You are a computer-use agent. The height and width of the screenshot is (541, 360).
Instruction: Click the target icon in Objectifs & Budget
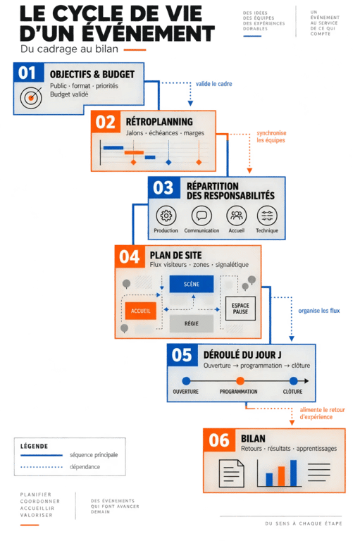tap(31, 98)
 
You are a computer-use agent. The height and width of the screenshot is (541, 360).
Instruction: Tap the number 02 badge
tap(105, 122)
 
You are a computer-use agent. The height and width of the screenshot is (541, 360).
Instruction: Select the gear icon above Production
tap(166, 216)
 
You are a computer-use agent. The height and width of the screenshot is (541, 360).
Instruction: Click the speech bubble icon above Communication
tap(201, 216)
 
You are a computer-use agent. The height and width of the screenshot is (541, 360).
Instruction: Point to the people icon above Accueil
tap(237, 216)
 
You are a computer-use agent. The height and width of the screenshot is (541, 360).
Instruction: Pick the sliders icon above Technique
tap(267, 216)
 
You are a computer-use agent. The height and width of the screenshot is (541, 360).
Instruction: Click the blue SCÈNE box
tap(192, 284)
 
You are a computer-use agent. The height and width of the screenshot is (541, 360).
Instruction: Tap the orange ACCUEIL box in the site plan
tap(140, 311)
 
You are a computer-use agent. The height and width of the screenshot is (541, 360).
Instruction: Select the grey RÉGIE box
tap(191, 323)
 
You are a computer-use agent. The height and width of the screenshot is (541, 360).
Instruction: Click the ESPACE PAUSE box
tap(240, 309)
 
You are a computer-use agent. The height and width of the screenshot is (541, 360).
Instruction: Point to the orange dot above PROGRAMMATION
tap(240, 381)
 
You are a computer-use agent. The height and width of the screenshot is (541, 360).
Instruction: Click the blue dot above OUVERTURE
tap(186, 381)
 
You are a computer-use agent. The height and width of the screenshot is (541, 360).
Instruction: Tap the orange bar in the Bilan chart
tap(281, 476)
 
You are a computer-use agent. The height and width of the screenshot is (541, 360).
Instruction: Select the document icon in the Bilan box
tap(231, 473)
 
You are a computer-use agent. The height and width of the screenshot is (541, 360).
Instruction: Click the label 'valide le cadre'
tap(213, 84)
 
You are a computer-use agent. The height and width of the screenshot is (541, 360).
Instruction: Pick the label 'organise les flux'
tap(319, 311)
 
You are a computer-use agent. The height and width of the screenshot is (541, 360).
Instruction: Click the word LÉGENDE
tap(35, 446)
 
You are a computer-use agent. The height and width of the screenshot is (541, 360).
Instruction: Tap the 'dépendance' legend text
tap(85, 467)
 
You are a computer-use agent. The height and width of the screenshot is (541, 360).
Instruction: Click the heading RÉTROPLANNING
tap(159, 122)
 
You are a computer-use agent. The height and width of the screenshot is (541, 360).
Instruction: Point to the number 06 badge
tap(219, 440)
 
